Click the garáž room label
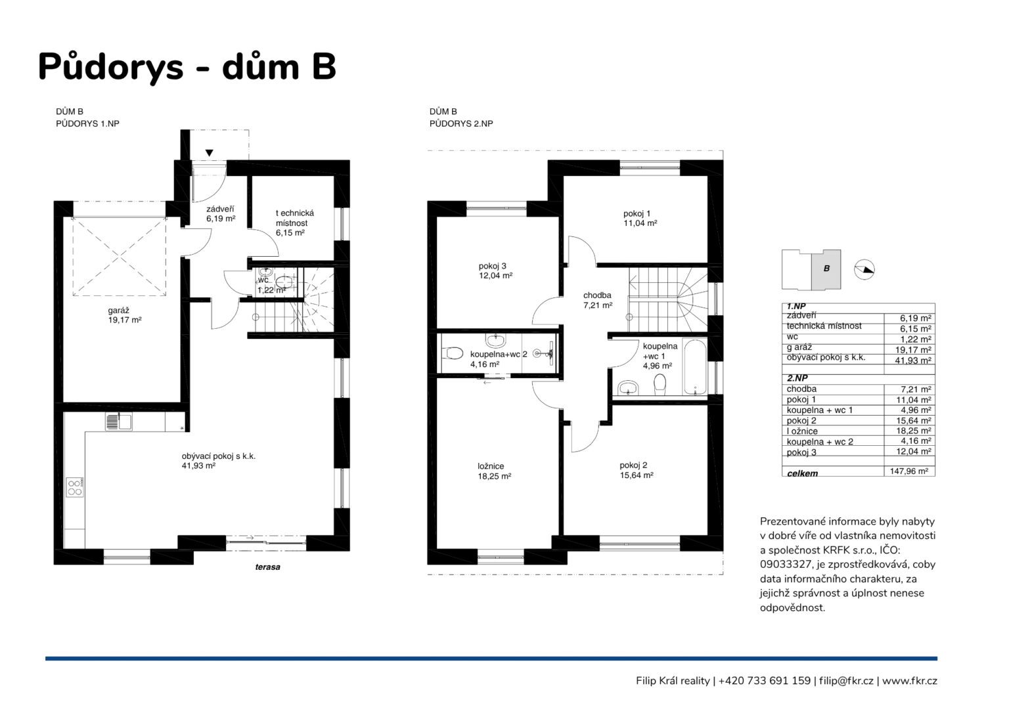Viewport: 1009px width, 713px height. pyautogui.click(x=118, y=311)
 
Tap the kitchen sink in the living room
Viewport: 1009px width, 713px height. pyautogui.click(x=118, y=422)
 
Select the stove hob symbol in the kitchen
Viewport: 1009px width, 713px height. pyautogui.click(x=75, y=488)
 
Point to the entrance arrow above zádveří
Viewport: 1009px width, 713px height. pyautogui.click(x=209, y=153)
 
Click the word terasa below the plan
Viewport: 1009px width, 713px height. pyautogui.click(x=267, y=567)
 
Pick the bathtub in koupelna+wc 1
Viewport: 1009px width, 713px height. pyautogui.click(x=695, y=367)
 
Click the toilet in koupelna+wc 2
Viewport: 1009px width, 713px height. pyautogui.click(x=452, y=353)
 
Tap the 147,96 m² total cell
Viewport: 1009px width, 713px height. pyautogui.click(x=909, y=471)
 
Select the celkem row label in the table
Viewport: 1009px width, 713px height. pyautogui.click(x=802, y=473)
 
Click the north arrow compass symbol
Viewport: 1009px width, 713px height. pyautogui.click(x=864, y=270)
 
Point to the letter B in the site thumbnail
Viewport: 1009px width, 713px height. pyautogui.click(x=826, y=269)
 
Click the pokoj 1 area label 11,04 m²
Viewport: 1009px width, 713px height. pyautogui.click(x=640, y=223)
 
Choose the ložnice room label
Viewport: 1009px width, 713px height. pyautogui.click(x=491, y=466)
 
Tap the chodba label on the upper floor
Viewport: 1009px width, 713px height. pyautogui.click(x=597, y=295)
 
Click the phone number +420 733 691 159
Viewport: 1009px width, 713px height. pyautogui.click(x=765, y=681)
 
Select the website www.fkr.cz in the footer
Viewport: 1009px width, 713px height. pyautogui.click(x=909, y=681)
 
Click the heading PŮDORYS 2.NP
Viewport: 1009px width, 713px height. pyautogui.click(x=461, y=123)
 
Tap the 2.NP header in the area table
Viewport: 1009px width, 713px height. pyautogui.click(x=797, y=378)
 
